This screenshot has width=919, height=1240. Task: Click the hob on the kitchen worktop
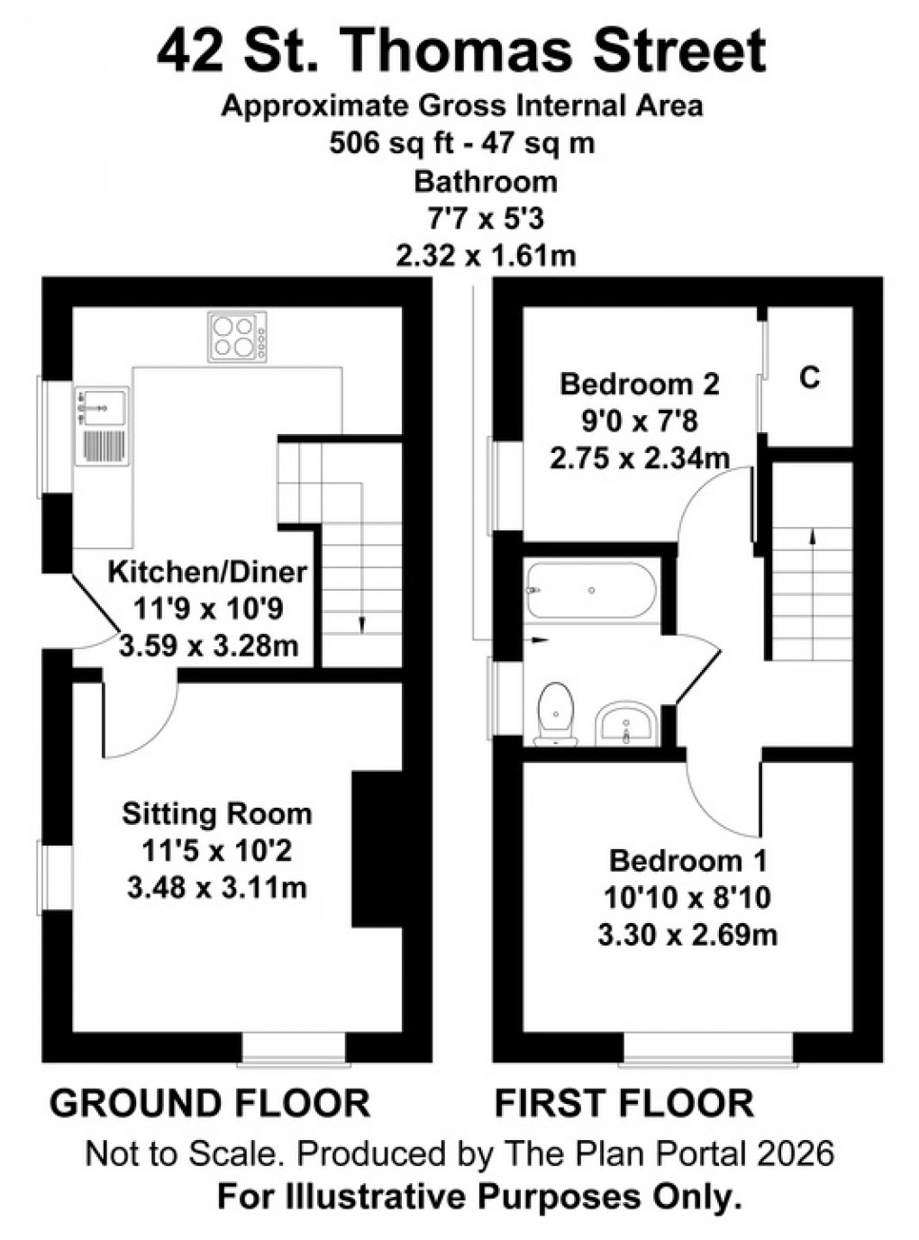(x=238, y=337)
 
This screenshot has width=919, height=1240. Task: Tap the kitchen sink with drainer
(x=102, y=426)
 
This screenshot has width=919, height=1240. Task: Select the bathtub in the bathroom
(x=591, y=591)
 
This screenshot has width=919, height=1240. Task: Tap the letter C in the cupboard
(x=810, y=378)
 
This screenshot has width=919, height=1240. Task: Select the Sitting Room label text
(x=217, y=814)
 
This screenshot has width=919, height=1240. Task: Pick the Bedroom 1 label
(x=688, y=861)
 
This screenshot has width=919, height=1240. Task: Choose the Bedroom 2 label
(x=640, y=385)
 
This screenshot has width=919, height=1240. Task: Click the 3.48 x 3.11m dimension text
(x=217, y=888)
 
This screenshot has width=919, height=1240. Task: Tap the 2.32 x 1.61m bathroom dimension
(x=486, y=257)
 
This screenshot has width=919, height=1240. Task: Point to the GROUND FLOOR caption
(x=210, y=1103)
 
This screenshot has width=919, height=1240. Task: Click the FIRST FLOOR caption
(x=624, y=1103)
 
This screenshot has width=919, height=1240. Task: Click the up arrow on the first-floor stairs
(x=813, y=536)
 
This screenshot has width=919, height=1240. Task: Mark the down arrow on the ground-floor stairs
(x=361, y=621)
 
